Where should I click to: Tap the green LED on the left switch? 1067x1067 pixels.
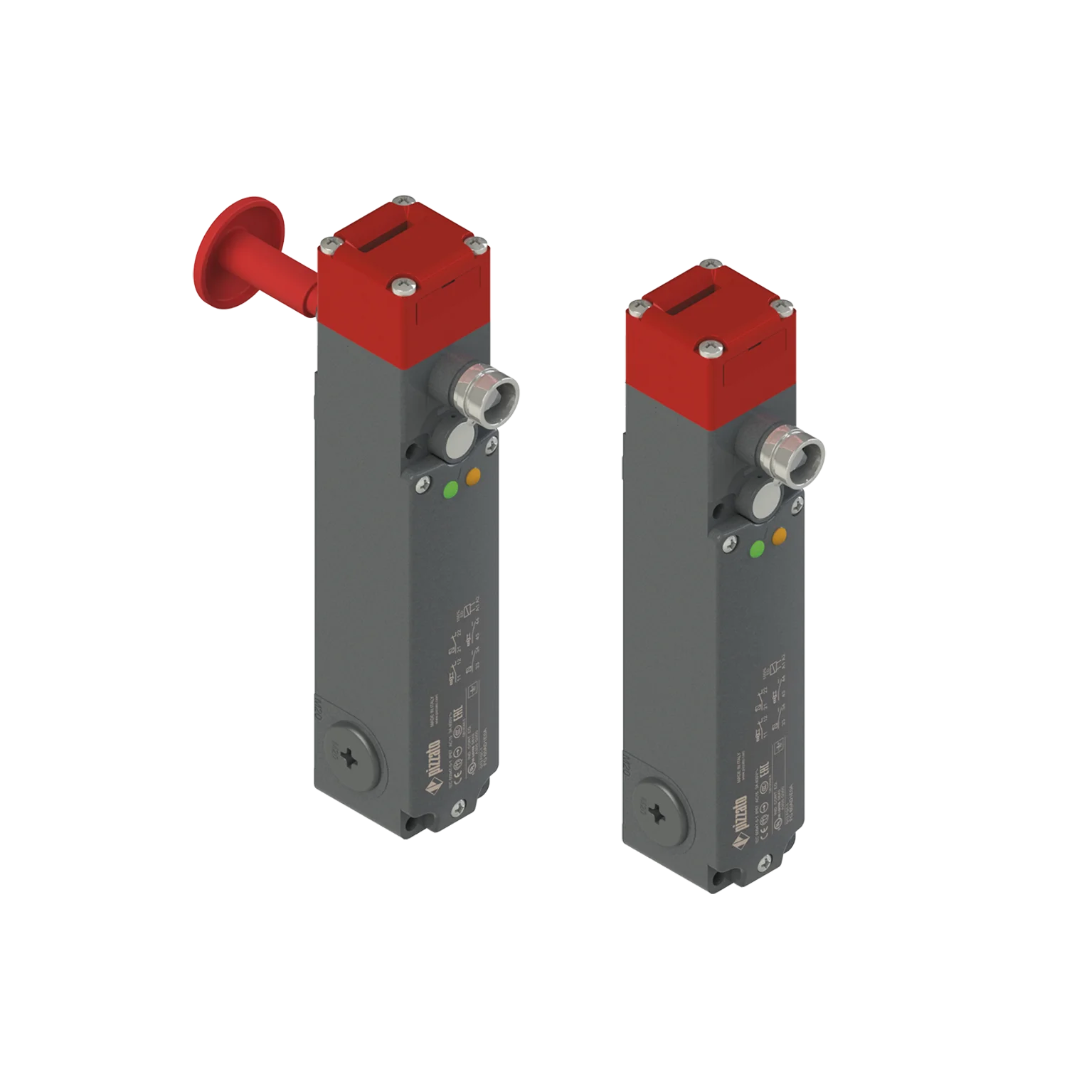tap(450, 489)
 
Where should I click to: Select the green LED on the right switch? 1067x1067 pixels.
tap(757, 549)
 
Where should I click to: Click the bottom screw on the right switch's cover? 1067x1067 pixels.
tap(765, 861)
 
